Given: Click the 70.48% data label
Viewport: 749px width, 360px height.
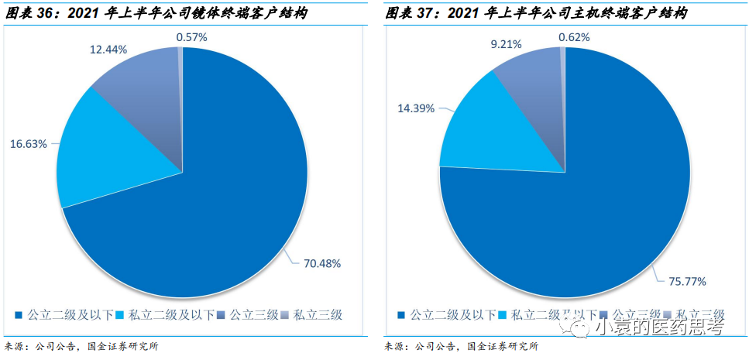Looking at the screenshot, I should pyautogui.click(x=320, y=263).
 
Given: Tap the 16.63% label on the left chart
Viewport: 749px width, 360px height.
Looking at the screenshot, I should pyautogui.click(x=29, y=143).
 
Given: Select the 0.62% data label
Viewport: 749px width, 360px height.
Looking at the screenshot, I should pyautogui.click(x=574, y=36).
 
